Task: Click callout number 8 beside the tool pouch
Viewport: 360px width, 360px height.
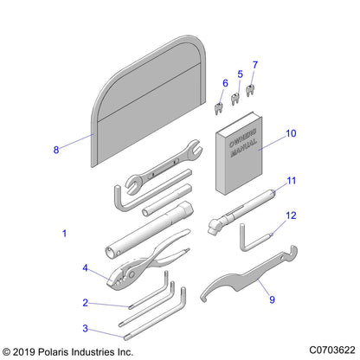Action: (x=56, y=149)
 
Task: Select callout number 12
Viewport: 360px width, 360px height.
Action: (x=292, y=239)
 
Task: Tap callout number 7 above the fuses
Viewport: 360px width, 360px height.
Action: (x=254, y=65)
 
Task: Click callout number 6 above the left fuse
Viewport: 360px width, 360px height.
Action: (x=225, y=82)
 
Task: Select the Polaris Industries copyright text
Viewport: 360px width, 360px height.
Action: (x=69, y=351)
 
